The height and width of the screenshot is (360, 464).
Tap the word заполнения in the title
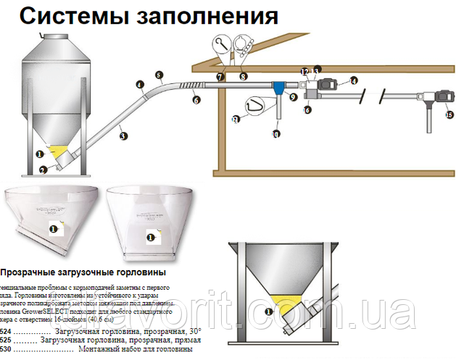pos(211,16)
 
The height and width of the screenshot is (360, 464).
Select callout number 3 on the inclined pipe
pos(124,135)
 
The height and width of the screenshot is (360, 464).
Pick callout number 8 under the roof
pos(244,75)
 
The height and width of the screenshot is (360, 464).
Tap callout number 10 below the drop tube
pos(275,134)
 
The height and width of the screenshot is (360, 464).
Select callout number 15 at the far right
pos(449,115)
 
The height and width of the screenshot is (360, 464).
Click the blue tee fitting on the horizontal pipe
pos(279,88)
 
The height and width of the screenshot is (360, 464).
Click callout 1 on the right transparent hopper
pos(150,236)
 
